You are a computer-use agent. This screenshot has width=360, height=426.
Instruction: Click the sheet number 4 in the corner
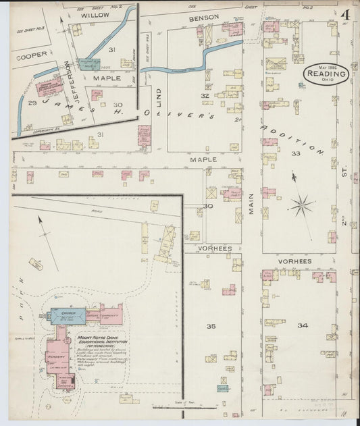pyautogui.click(x=344, y=14)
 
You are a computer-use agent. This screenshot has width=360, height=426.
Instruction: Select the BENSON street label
pyautogui.click(x=204, y=17)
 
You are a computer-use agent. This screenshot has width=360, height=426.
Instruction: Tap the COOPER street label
pyautogui.click(x=32, y=55)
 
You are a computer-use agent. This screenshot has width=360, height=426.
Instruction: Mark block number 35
pyautogui.click(x=211, y=326)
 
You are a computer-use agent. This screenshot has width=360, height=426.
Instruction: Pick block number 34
pyautogui.click(x=303, y=325)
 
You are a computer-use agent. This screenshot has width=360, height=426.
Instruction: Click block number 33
pyautogui.click(x=295, y=154)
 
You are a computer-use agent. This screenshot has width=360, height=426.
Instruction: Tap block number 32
pyautogui.click(x=204, y=96)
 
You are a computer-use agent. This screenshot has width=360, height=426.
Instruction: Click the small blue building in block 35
pyautogui.click(x=222, y=388)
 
